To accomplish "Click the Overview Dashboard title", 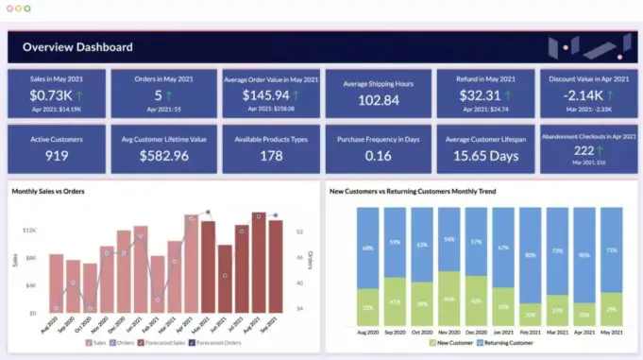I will click(77, 46).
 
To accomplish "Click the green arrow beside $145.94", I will click(296, 95).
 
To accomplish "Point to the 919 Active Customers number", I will click(57, 156).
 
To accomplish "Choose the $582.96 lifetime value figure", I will click(162, 156).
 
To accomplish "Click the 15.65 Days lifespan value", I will click(485, 156).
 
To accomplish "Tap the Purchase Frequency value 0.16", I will click(379, 156).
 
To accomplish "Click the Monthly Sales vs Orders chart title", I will click(48, 192).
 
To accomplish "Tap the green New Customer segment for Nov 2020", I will click(450, 299).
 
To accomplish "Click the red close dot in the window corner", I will click(8, 8).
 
